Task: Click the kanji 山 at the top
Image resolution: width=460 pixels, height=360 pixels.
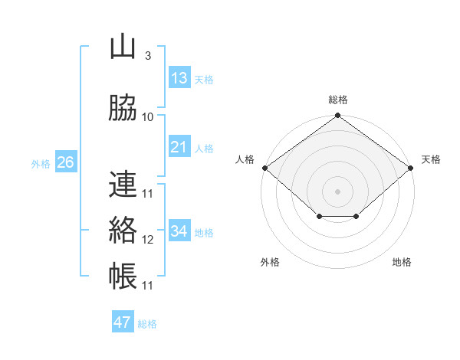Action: [x=123, y=47]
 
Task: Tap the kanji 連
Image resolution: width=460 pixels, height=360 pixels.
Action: [x=123, y=184]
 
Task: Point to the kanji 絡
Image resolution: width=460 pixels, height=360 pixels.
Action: [x=123, y=230]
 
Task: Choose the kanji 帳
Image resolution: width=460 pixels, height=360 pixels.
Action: [x=123, y=276]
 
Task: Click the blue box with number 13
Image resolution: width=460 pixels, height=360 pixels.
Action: [x=179, y=78]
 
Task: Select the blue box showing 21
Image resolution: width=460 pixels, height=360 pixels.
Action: [x=179, y=147]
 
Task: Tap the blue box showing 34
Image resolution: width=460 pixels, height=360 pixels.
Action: [x=179, y=231]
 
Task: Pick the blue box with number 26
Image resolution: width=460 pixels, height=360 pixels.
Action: [x=65, y=162]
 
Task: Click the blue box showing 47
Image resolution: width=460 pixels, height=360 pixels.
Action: [x=123, y=322]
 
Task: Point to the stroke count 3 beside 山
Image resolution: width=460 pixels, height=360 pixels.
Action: [x=147, y=56]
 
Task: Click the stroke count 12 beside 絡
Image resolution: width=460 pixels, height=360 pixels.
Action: [x=148, y=240]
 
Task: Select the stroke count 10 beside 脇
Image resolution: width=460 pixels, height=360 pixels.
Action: [x=148, y=117]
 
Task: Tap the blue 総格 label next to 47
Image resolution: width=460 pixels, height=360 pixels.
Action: [x=147, y=324]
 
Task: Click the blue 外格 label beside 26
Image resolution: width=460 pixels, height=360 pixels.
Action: [x=41, y=163]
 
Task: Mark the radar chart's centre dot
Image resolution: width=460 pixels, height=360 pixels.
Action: [x=337, y=191]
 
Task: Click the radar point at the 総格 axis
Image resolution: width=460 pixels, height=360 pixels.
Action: [x=337, y=116]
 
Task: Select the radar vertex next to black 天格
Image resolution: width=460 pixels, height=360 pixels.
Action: [x=411, y=168]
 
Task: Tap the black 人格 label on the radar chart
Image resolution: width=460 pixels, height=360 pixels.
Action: [x=245, y=159]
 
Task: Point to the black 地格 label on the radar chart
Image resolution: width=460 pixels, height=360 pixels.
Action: [x=402, y=262]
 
